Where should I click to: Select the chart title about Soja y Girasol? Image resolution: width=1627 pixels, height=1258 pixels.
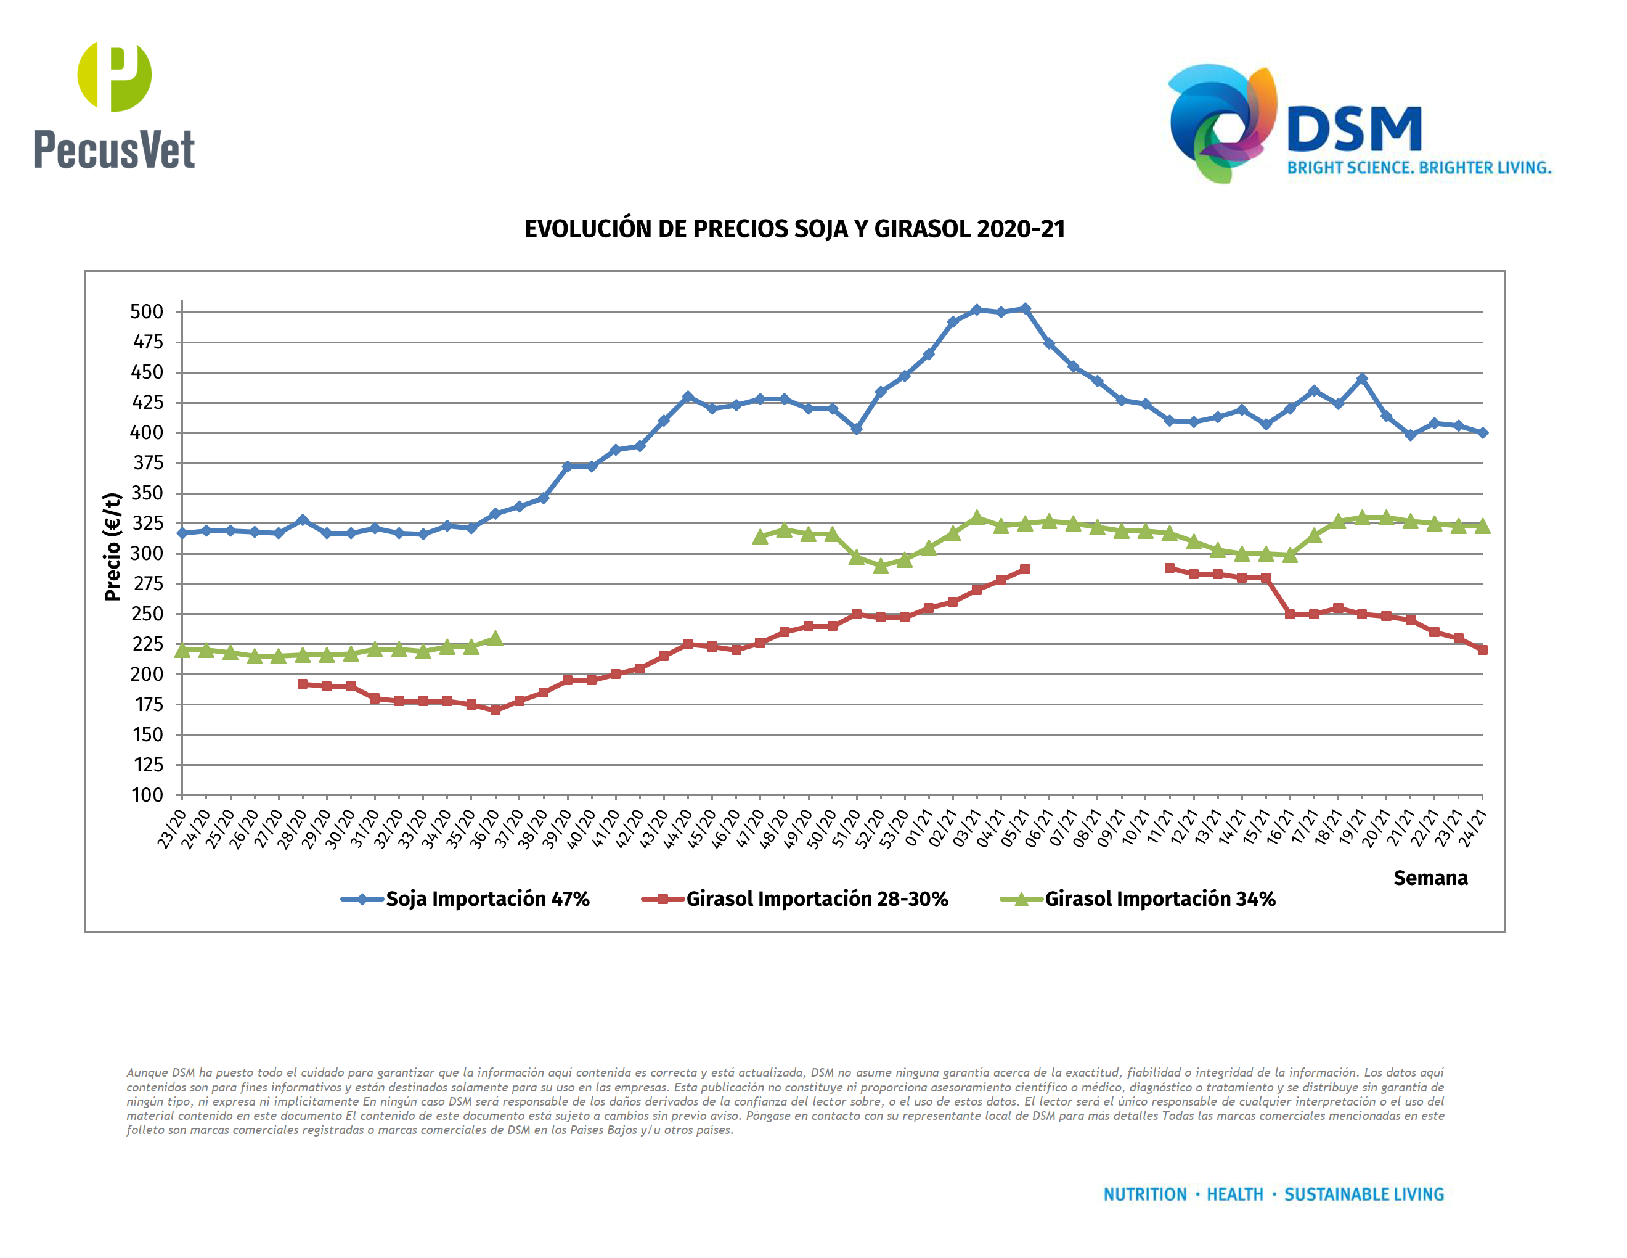pyautogui.click(x=794, y=229)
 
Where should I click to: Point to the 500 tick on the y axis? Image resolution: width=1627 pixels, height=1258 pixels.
pyautogui.click(x=147, y=311)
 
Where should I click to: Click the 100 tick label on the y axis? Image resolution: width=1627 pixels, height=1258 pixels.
pyautogui.click(x=147, y=795)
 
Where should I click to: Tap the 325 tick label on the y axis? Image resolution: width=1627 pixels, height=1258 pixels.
pyautogui.click(x=147, y=523)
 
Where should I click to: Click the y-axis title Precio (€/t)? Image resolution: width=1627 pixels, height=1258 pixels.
pyautogui.click(x=113, y=546)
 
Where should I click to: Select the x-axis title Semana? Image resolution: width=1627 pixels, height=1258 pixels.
pyautogui.click(x=1430, y=878)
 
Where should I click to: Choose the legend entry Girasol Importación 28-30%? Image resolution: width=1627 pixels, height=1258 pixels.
pyautogui.click(x=817, y=898)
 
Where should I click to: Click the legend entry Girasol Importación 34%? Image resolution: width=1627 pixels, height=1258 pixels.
pyautogui.click(x=1159, y=898)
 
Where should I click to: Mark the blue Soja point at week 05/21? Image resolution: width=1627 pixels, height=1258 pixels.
pyautogui.click(x=1025, y=308)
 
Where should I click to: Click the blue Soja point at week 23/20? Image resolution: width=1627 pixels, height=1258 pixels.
pyautogui.click(x=182, y=533)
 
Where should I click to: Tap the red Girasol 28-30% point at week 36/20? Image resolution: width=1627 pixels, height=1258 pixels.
pyautogui.click(x=495, y=710)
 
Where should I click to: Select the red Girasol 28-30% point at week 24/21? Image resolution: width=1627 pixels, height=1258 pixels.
pyautogui.click(x=1482, y=650)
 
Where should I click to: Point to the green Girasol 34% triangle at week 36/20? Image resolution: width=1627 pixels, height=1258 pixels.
pyautogui.click(x=495, y=639)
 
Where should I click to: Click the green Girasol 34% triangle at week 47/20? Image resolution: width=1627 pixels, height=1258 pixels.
pyautogui.click(x=760, y=536)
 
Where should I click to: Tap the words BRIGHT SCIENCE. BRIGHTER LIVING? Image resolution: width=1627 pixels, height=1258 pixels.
pyautogui.click(x=1419, y=168)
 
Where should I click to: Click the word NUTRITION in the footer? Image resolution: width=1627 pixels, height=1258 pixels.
pyautogui.click(x=1144, y=1194)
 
